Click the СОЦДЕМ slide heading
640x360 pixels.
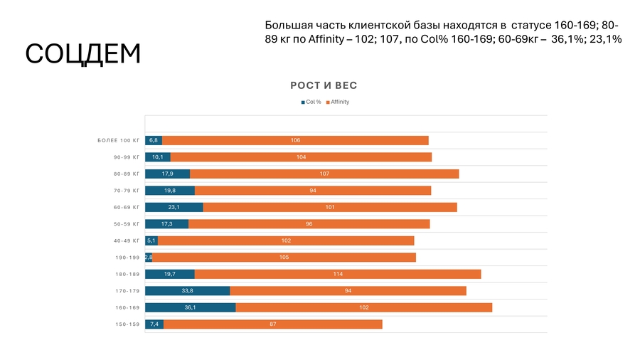pos(83,55)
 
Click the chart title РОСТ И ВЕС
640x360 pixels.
pos(324,85)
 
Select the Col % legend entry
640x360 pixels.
pos(311,102)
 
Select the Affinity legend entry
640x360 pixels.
pos(337,102)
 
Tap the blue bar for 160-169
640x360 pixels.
pos(190,307)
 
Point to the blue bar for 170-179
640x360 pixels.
pos(187,291)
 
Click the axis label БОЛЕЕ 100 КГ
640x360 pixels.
pos(119,140)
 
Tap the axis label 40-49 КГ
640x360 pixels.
pos(126,240)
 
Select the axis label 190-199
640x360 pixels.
pos(127,258)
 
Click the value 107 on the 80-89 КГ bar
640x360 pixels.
pos(324,174)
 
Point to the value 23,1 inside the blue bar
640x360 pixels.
pos(174,207)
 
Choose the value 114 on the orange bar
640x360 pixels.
pos(338,274)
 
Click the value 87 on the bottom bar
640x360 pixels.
pos(272,324)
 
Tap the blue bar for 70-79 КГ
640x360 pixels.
pos(169,191)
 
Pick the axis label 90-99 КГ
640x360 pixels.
pos(126,157)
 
